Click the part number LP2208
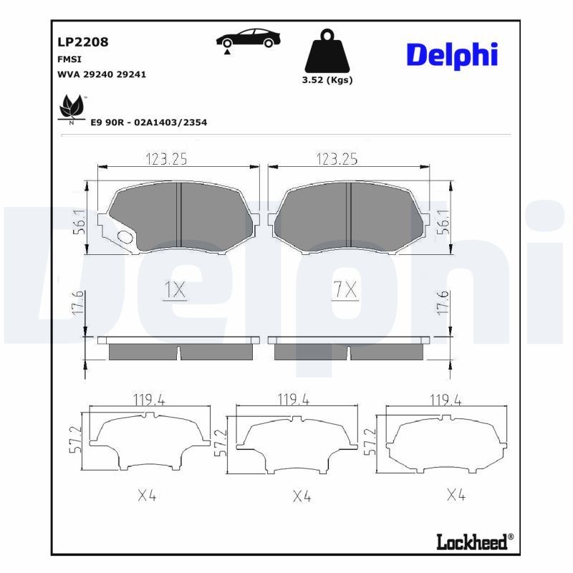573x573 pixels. coord(82,42)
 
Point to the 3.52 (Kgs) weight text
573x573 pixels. coord(328,80)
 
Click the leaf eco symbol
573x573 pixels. coord(72,107)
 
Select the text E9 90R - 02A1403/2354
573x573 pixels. coord(148,122)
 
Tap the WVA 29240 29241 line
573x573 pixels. coord(101,74)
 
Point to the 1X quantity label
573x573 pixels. coord(175,290)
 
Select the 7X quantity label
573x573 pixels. coord(345,290)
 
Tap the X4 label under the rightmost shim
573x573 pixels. coord(457,494)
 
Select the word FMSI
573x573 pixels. coord(69,59)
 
